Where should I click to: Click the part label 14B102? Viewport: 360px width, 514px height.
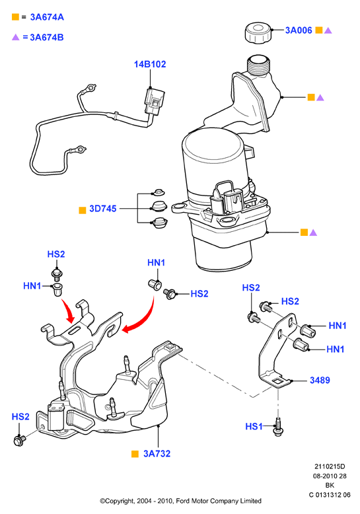(150, 64)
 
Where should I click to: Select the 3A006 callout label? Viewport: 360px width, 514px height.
(299, 30)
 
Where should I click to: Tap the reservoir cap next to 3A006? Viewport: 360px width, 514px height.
(259, 32)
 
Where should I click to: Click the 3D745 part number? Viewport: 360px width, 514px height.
(102, 209)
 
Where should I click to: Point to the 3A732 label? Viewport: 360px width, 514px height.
(157, 454)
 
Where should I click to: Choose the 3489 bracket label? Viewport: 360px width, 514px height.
(320, 381)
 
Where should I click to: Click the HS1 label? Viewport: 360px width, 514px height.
(254, 427)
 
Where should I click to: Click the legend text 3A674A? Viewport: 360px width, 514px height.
(47, 17)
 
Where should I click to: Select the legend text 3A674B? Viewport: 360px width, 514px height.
(46, 38)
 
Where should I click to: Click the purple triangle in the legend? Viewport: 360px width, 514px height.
(16, 38)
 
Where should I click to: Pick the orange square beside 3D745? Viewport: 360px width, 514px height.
(83, 211)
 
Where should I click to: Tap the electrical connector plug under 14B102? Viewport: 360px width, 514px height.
(154, 102)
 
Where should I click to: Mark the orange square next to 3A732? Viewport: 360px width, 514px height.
(135, 454)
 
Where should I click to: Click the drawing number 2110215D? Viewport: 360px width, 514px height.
(330, 466)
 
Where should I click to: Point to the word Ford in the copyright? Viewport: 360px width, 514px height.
(182, 501)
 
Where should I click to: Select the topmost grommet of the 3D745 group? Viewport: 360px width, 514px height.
(159, 192)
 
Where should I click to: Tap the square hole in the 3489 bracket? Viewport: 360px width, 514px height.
(278, 381)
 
